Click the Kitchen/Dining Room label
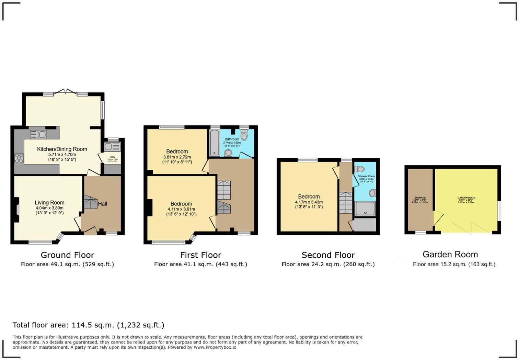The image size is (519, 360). (x=62, y=149)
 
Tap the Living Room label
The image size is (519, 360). (x=49, y=203)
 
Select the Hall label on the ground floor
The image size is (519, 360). (x=103, y=204)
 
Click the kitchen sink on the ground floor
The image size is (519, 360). (x=38, y=134)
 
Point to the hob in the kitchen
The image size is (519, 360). (x=19, y=158)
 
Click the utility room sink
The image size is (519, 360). (x=112, y=147)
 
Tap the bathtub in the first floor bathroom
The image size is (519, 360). (x=215, y=143)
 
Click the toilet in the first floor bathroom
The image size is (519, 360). (x=244, y=136)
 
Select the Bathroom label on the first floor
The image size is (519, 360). (x=232, y=139)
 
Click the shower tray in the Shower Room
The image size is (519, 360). (x=365, y=209)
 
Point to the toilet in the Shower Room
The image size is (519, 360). (x=360, y=169)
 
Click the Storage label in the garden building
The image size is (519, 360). (x=420, y=198)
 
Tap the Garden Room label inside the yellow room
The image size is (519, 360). (x=466, y=198)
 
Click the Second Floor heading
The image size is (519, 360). (x=328, y=255)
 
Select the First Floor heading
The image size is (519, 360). (x=201, y=255)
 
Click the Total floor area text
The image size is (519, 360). (x=89, y=325)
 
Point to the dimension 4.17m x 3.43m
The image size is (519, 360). (x=309, y=202)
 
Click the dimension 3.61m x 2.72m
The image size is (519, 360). (x=177, y=157)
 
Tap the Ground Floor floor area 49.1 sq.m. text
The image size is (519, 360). (x=67, y=264)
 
